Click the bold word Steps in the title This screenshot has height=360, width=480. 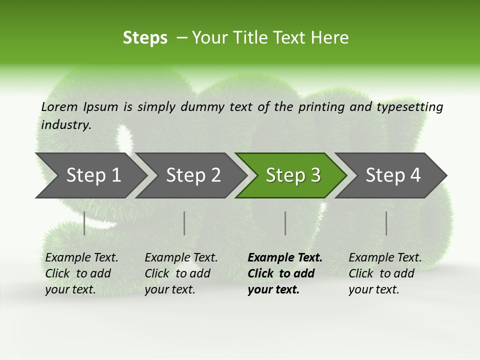[145, 38]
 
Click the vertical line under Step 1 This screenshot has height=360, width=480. [84, 223]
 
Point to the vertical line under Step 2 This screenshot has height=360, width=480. [184, 223]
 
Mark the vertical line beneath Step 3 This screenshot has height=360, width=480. [285, 223]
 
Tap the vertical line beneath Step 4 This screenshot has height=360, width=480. [386, 223]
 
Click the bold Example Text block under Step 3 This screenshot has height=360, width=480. [285, 273]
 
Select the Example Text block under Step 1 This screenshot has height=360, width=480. [81, 273]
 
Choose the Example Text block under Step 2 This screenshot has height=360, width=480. [181, 273]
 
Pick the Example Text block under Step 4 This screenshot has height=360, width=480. [385, 273]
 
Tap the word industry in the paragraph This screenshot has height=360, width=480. [66, 125]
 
